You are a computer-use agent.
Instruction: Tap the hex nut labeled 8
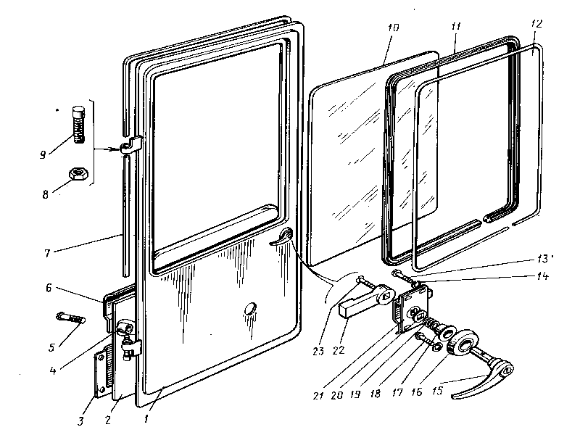(75, 174)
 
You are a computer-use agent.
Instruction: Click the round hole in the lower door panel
(251, 308)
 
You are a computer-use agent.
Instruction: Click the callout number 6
(49, 288)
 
